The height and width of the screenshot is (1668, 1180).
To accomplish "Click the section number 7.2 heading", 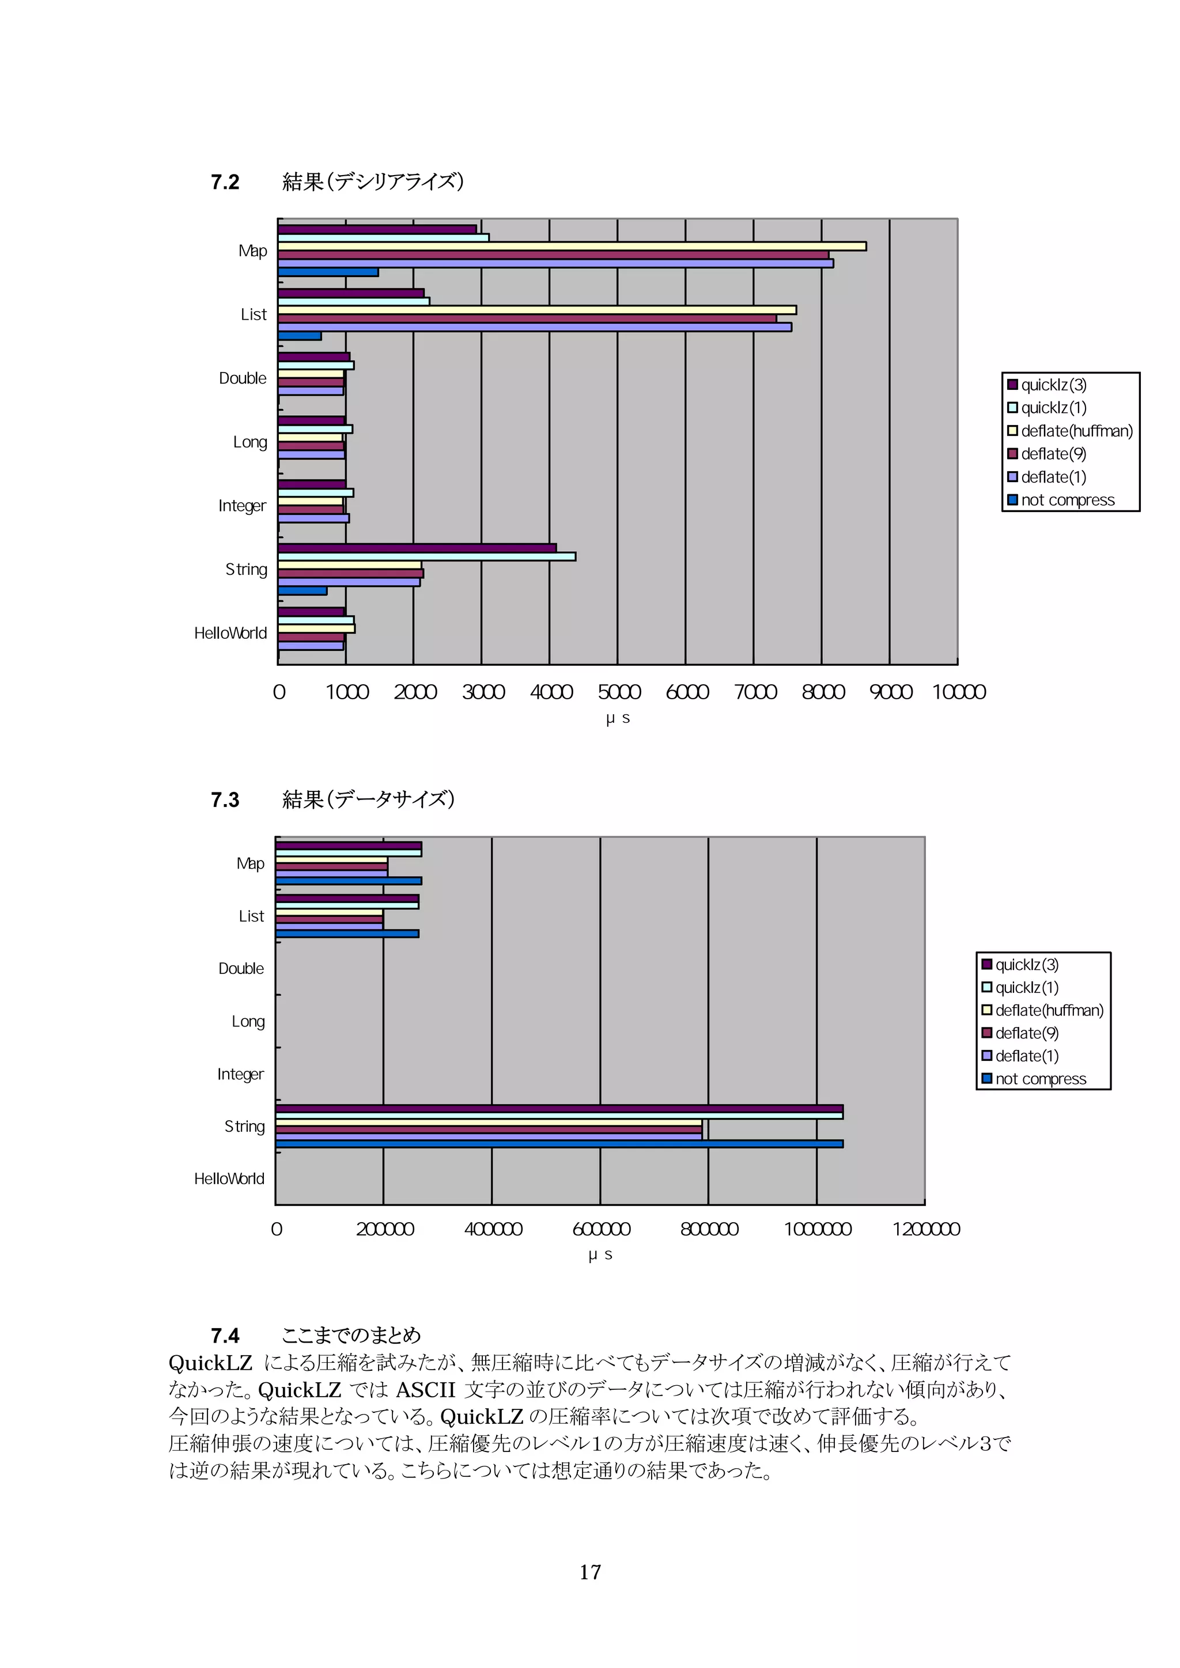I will pyautogui.click(x=225, y=181).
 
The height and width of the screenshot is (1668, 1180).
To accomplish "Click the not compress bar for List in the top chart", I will pyautogui.click(x=300, y=336).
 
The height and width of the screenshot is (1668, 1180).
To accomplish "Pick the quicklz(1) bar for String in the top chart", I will pyautogui.click(x=426, y=556).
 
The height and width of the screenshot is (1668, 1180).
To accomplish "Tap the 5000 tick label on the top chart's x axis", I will pyautogui.click(x=619, y=692).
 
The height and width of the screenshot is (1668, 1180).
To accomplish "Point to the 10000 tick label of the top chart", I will pyautogui.click(x=958, y=692).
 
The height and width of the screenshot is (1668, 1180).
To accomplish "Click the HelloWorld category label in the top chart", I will pyautogui.click(x=230, y=634).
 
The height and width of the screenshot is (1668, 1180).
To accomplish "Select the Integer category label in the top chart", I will pyautogui.click(x=242, y=506).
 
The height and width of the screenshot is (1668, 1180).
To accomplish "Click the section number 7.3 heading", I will pyautogui.click(x=225, y=800).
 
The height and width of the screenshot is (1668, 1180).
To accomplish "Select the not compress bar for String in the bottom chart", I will pyautogui.click(x=559, y=1143).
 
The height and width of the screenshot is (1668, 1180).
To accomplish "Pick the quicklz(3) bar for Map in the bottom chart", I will pyautogui.click(x=348, y=846).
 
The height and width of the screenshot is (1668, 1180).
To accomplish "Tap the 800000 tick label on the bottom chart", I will pyautogui.click(x=709, y=1229).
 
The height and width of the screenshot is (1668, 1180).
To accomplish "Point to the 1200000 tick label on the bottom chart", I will pyautogui.click(x=926, y=1229).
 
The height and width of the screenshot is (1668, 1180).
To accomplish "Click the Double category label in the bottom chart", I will pyautogui.click(x=241, y=968).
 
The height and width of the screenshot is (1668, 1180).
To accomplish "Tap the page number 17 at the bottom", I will pyautogui.click(x=590, y=1573).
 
